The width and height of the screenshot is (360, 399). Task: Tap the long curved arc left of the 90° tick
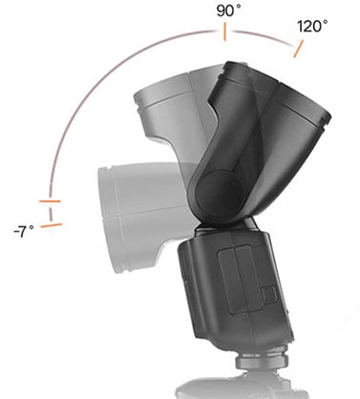pyautogui.click(x=105, y=86)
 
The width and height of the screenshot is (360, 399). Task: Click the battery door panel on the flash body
pyautogui.click(x=244, y=282)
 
